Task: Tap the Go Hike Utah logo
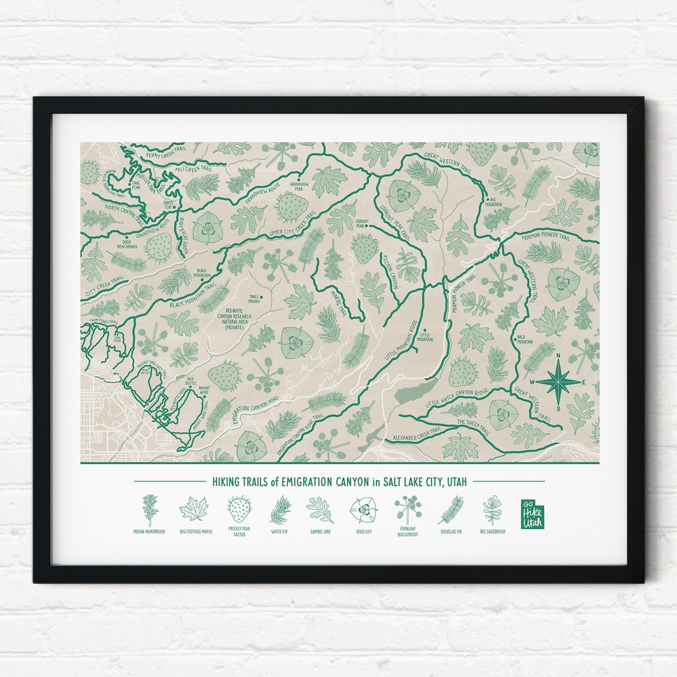click(533, 513)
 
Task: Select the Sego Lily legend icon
click(362, 509)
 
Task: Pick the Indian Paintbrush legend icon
click(149, 509)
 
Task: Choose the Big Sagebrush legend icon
click(492, 509)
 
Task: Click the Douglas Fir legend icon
click(450, 509)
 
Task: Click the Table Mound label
click(255, 300)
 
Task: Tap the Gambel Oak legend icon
click(320, 509)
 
